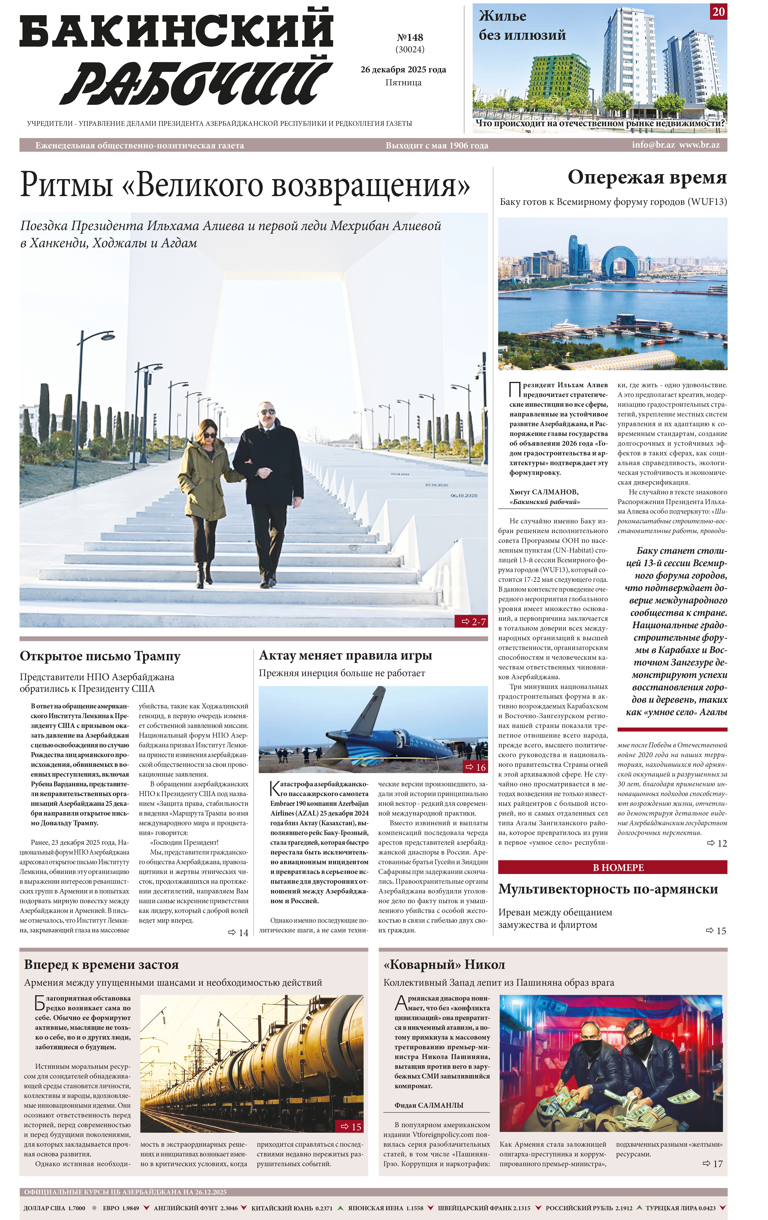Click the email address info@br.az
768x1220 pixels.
[x=653, y=145]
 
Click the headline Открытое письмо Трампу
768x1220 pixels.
[x=100, y=656]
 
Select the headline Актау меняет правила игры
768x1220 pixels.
[x=345, y=655]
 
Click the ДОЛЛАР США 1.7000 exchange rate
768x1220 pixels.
[x=54, y=1208]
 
